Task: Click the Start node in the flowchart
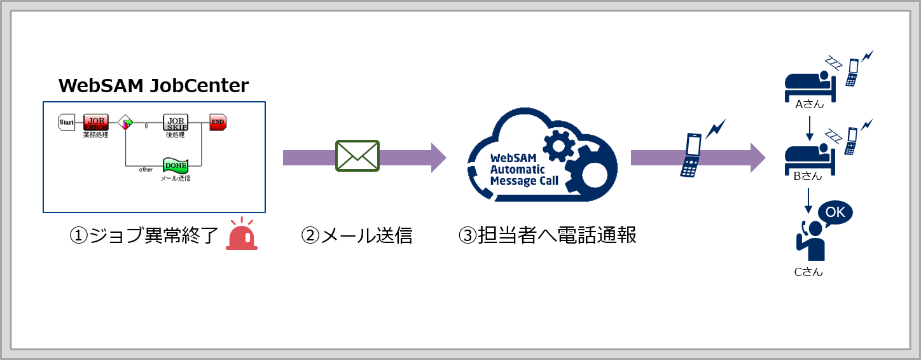tap(67, 122)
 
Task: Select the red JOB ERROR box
tap(95, 122)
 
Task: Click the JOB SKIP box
tap(175, 122)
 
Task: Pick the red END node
tap(218, 122)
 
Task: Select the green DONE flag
tap(175, 166)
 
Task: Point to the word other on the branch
tap(146, 170)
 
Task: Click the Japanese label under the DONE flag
tap(175, 179)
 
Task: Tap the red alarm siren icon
tap(242, 235)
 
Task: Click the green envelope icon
tap(357, 156)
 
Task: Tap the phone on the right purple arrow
tap(691, 156)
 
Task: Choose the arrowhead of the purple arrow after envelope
tap(439, 157)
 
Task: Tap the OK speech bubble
tap(834, 212)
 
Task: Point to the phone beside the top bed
tap(852, 71)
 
